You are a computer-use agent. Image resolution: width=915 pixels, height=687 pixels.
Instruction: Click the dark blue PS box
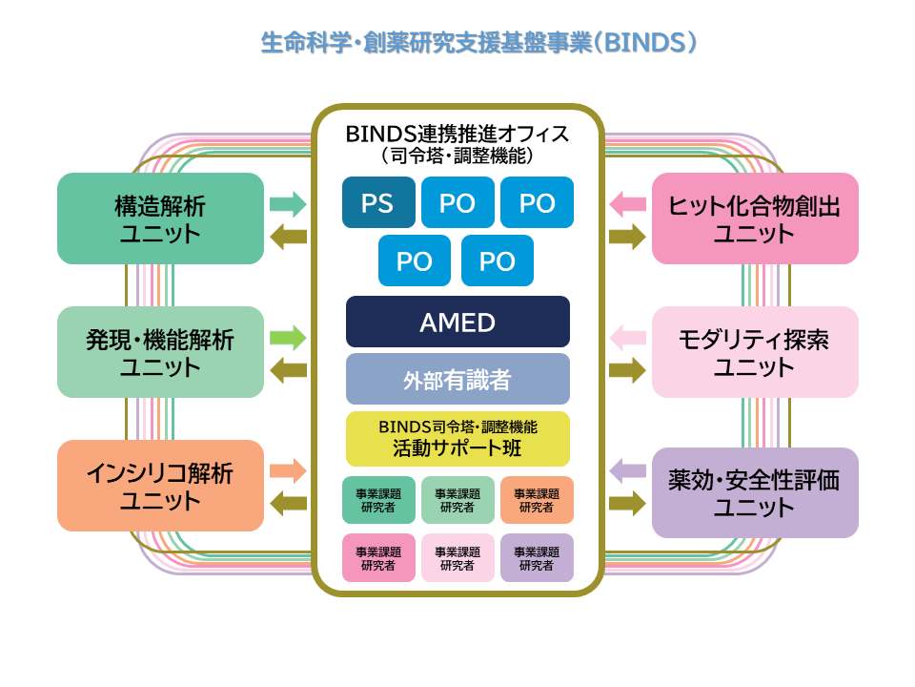pyautogui.click(x=379, y=202)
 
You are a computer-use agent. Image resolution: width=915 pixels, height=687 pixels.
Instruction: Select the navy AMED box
pyautogui.click(x=457, y=322)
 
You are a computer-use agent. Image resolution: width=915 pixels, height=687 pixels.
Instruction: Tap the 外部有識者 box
pyautogui.click(x=457, y=379)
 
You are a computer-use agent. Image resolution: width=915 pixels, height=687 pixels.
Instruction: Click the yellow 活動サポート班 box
pyautogui.click(x=457, y=438)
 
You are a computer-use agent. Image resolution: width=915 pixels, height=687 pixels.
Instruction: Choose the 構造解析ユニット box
pyautogui.click(x=160, y=219)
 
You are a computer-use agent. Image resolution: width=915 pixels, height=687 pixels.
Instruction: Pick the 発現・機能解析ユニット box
pyautogui.click(x=160, y=352)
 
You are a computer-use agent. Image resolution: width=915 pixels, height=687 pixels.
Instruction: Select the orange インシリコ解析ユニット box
pyautogui.click(x=160, y=486)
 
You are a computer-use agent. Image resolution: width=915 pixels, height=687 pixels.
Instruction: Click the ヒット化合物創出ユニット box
pyautogui.click(x=755, y=219)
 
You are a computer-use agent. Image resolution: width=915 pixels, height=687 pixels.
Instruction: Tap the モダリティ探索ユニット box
pyautogui.click(x=755, y=352)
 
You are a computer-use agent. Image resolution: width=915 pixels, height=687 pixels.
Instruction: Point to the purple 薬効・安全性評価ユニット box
pyautogui.click(x=755, y=492)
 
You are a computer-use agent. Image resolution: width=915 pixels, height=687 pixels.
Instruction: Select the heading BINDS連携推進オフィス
pyautogui.click(x=457, y=133)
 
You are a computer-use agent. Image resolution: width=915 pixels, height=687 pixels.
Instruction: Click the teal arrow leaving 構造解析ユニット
pyautogui.click(x=288, y=203)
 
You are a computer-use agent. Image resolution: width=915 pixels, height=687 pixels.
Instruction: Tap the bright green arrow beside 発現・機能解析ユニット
pyautogui.click(x=288, y=337)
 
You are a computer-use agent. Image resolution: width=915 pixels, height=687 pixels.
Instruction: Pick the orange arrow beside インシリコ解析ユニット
pyautogui.click(x=288, y=470)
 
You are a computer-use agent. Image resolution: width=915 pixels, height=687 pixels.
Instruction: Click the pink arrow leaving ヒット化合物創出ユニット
pyautogui.click(x=627, y=203)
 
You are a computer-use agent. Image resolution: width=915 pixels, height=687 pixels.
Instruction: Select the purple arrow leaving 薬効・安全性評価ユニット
pyautogui.click(x=627, y=470)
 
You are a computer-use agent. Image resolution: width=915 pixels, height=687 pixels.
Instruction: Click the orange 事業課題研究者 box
pyautogui.click(x=537, y=500)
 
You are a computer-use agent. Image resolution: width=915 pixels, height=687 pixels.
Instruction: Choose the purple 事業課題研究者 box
pyautogui.click(x=537, y=557)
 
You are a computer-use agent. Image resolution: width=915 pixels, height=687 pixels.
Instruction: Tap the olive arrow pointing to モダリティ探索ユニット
pyautogui.click(x=627, y=370)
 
